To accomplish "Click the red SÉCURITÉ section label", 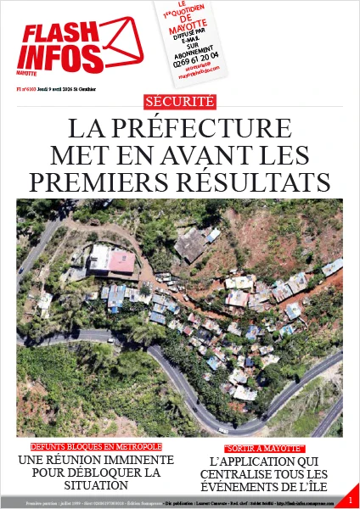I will pyautogui.click(x=180, y=102).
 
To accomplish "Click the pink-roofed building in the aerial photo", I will pyautogui.click(x=121, y=262).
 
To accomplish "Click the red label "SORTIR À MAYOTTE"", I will pyautogui.click(x=263, y=447).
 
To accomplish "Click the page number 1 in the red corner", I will pyautogui.click(x=350, y=501).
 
